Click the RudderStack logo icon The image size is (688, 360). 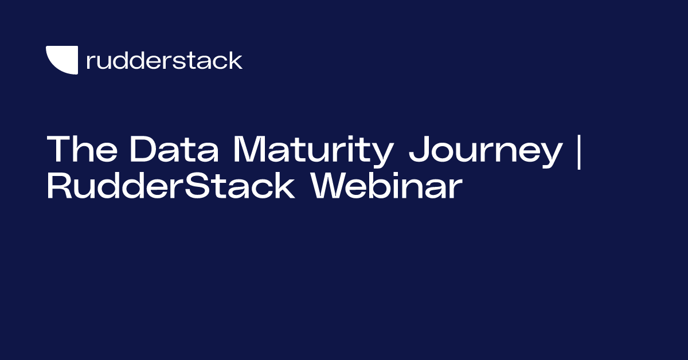click(x=61, y=60)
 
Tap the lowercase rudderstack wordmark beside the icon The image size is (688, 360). click(x=164, y=60)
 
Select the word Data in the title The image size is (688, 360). click(x=175, y=150)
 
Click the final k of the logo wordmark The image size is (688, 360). click(x=236, y=60)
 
